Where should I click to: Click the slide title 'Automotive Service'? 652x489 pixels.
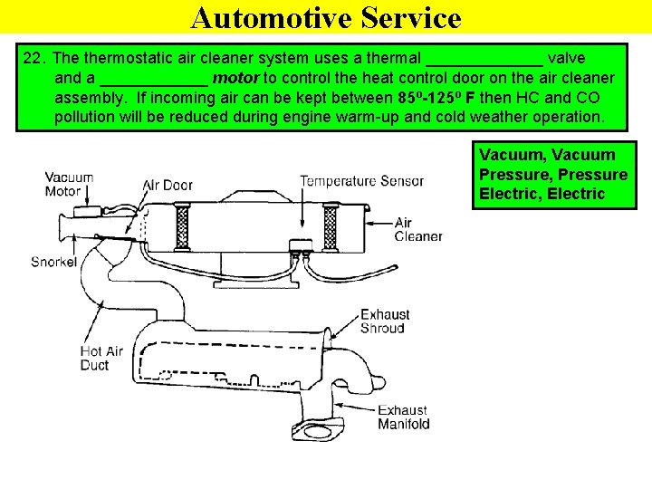[326, 17]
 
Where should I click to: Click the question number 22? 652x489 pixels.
[34, 58]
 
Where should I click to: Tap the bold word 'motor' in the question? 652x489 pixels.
[235, 78]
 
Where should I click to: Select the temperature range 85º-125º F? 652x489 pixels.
[436, 98]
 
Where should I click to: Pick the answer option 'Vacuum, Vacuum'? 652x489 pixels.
[546, 155]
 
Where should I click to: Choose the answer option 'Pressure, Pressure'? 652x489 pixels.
[552, 174]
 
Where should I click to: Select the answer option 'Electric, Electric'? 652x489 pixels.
[542, 194]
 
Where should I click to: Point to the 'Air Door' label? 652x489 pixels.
[168, 185]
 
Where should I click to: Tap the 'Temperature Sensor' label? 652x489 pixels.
[361, 181]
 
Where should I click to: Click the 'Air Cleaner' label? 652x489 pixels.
[417, 230]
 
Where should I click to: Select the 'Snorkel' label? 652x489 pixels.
[54, 263]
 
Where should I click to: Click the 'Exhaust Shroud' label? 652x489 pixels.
[385, 321]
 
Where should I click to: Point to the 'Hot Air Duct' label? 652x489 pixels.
[101, 359]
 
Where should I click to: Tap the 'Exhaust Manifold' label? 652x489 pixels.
[403, 417]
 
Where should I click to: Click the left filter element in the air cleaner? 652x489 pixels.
[182, 228]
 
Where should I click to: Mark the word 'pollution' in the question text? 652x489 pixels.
[89, 118]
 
